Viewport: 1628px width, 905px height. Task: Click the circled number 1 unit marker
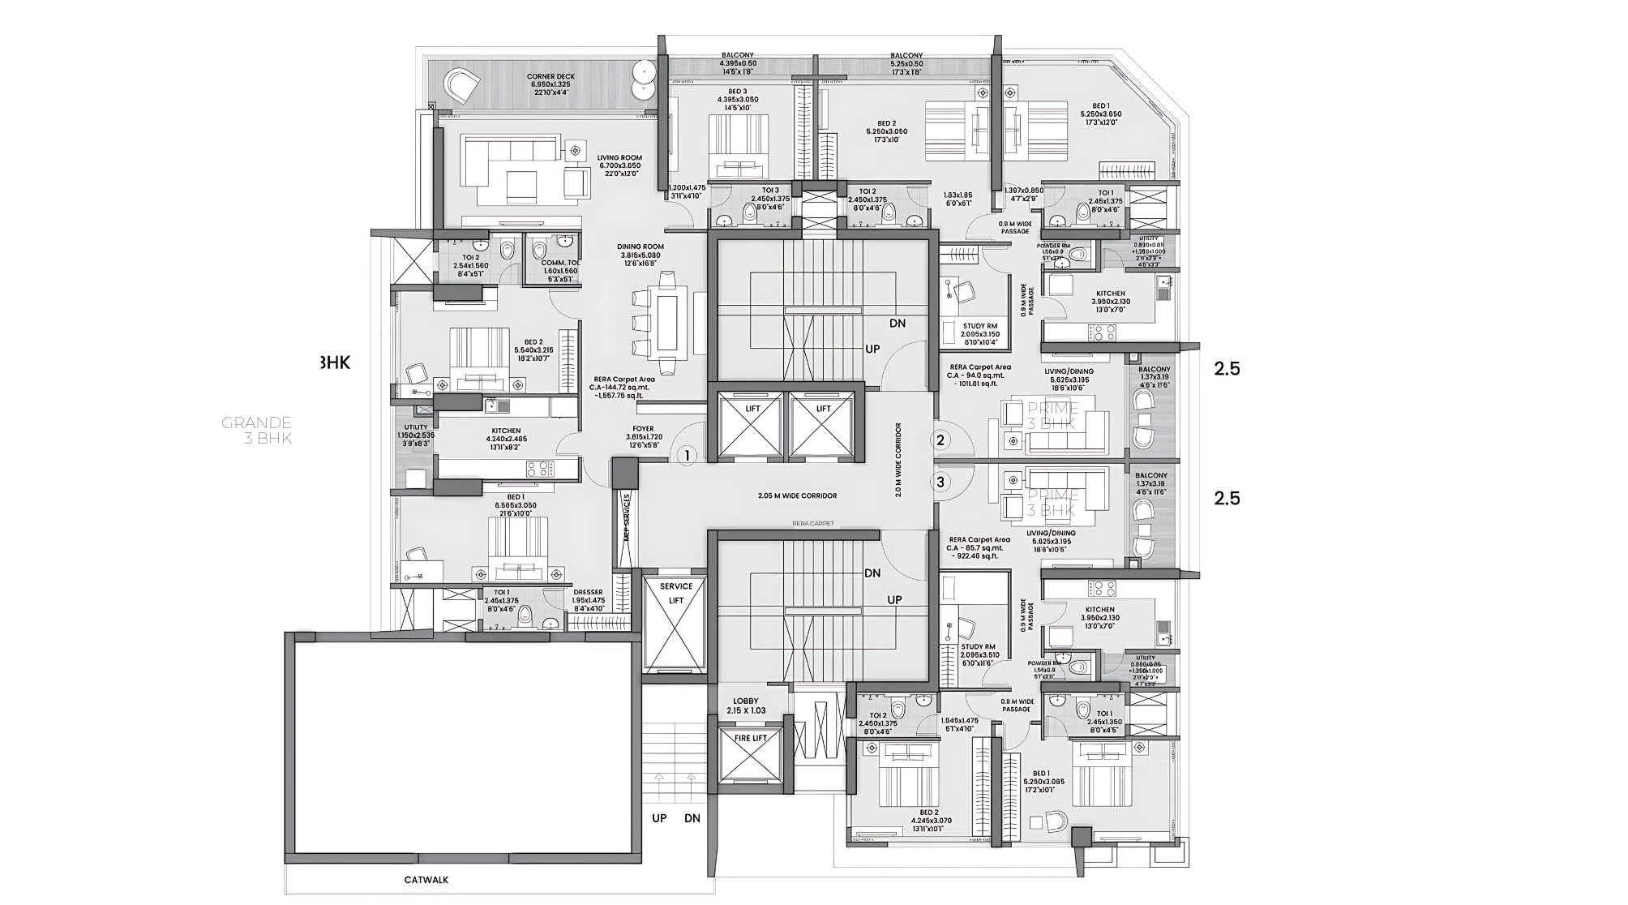[x=687, y=456]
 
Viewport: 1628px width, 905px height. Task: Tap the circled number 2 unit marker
[x=940, y=440]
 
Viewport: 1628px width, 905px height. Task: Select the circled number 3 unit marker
[x=940, y=482]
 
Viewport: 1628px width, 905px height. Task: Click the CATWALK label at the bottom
[x=426, y=880]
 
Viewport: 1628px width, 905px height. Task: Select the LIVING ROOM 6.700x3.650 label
[x=619, y=165]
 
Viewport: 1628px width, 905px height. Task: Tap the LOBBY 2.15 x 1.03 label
[x=746, y=706]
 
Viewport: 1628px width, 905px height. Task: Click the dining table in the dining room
[x=668, y=321]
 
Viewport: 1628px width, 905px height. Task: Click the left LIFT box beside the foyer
[x=752, y=427]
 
